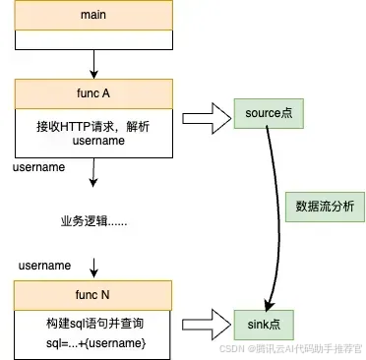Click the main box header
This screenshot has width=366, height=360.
pyautogui.click(x=91, y=17)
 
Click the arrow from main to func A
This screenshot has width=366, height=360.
pyautogui.click(x=91, y=63)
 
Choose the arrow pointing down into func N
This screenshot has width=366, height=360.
pyautogui.click(x=91, y=268)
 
